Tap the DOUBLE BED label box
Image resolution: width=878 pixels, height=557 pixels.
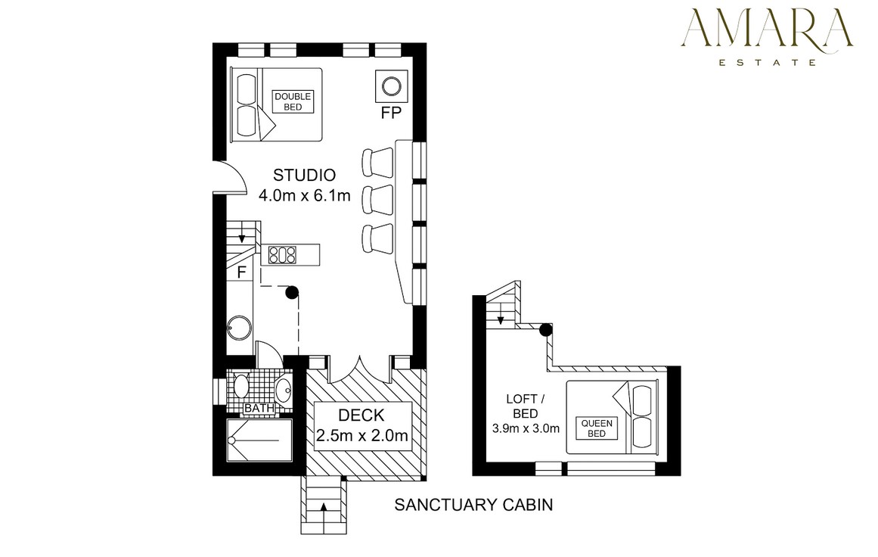pos(293,102)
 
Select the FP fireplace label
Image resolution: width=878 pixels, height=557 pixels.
pos(391,114)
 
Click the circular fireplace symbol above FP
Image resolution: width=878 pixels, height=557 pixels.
pos(391,86)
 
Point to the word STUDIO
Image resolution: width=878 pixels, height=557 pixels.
pos(304,176)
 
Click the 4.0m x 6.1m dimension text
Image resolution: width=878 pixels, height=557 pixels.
pos(305,195)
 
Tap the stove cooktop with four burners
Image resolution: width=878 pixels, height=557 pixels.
pos(282,255)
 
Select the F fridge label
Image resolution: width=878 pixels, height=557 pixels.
pos(242,272)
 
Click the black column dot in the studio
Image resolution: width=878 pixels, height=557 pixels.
pos(292,291)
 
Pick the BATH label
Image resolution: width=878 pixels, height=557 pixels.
pos(259,409)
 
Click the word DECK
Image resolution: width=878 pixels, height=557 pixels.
pos(361,415)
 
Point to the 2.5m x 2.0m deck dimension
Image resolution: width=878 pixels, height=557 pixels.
pos(361,435)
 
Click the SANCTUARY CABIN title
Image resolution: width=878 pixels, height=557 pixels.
pos(473,505)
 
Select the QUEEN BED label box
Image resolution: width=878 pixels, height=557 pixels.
pos(597,428)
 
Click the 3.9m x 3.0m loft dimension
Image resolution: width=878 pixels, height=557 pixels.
pos(526,428)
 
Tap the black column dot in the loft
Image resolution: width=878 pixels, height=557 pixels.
pos(545,330)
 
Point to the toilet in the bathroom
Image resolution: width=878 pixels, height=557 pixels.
pos(240,386)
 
